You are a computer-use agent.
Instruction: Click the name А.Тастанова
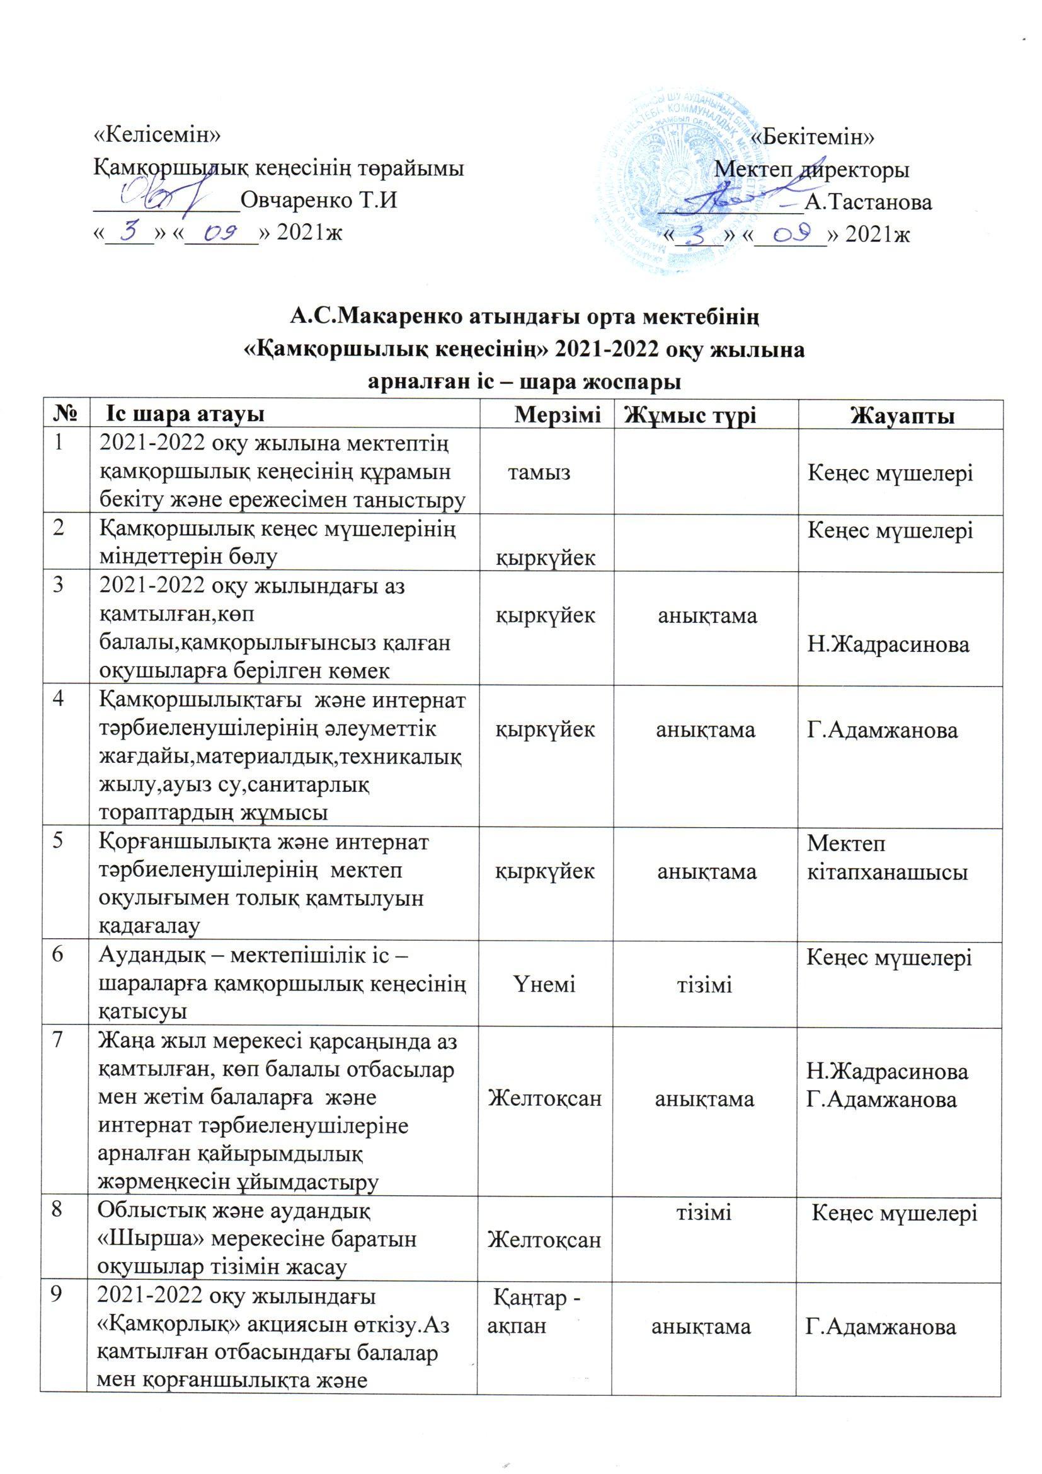coord(869,203)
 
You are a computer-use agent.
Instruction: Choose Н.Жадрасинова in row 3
coord(888,645)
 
